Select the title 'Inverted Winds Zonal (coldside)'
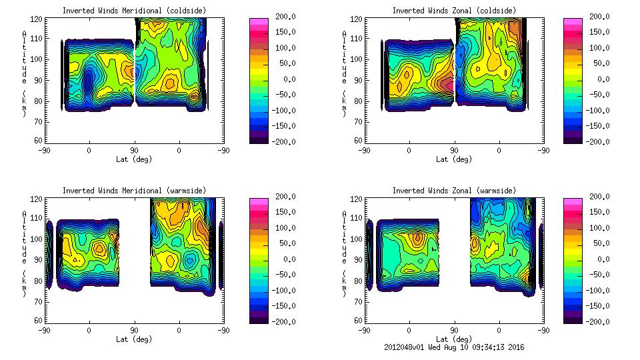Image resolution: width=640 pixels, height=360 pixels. point(454,10)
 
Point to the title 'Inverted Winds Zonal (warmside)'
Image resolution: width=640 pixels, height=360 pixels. point(454,191)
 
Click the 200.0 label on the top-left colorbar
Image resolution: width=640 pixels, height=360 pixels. point(282,16)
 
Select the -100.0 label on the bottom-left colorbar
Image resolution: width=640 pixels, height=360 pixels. point(282,291)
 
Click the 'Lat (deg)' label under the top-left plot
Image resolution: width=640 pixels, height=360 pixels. point(134,159)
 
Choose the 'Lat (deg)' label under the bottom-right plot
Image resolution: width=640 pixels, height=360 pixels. point(454,339)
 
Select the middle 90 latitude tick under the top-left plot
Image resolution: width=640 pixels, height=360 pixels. point(134,151)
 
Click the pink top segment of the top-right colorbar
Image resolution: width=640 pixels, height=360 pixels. point(573,22)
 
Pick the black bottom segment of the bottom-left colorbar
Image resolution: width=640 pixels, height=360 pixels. point(258,319)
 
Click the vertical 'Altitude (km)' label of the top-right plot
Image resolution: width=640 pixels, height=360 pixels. point(345,73)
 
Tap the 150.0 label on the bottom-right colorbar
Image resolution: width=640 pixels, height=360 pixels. point(597,212)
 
